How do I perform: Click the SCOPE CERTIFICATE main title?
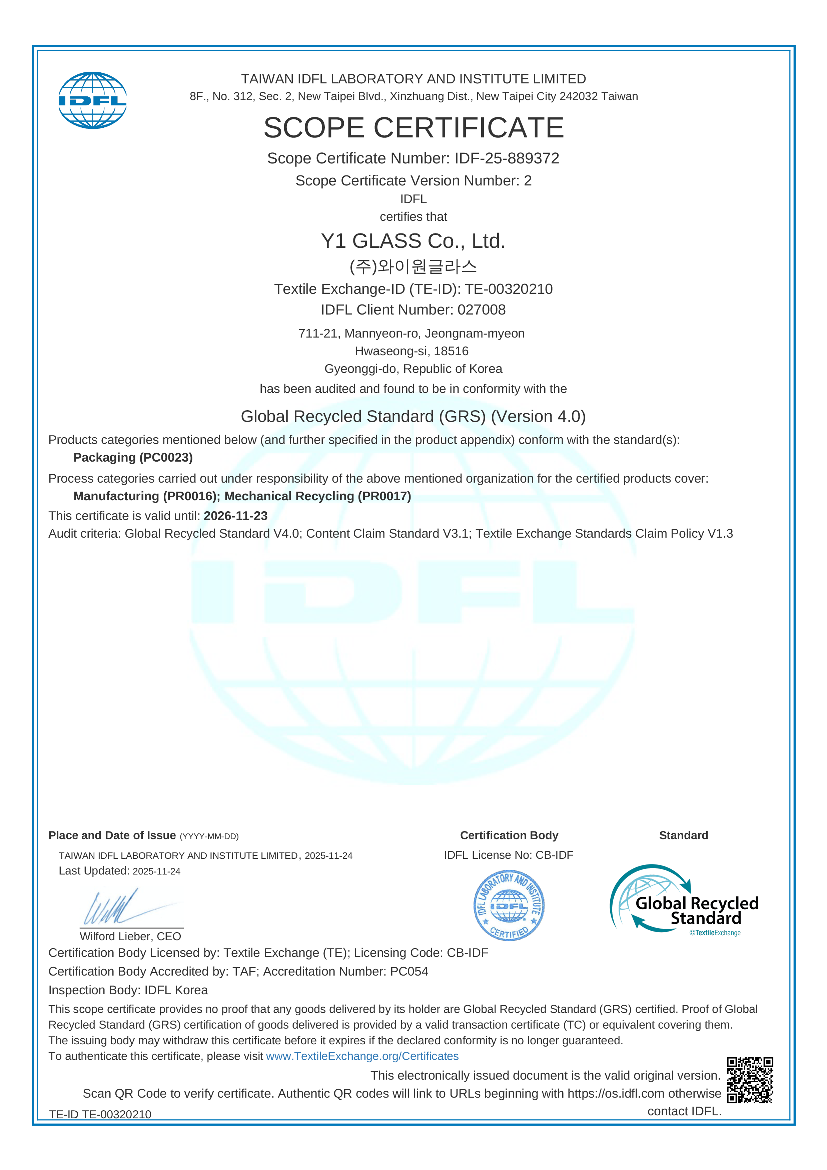click(x=413, y=127)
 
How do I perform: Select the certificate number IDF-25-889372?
click(x=507, y=158)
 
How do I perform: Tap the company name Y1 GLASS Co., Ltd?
click(x=413, y=241)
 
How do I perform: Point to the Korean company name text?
click(x=413, y=266)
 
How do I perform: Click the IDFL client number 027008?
click(x=482, y=310)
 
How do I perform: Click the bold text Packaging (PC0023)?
click(x=133, y=458)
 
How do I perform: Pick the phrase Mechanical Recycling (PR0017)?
click(x=317, y=496)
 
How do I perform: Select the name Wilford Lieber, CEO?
click(x=130, y=937)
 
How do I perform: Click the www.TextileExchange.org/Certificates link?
click(x=362, y=1056)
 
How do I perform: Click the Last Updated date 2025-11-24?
click(x=156, y=872)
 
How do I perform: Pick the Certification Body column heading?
click(x=509, y=835)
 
